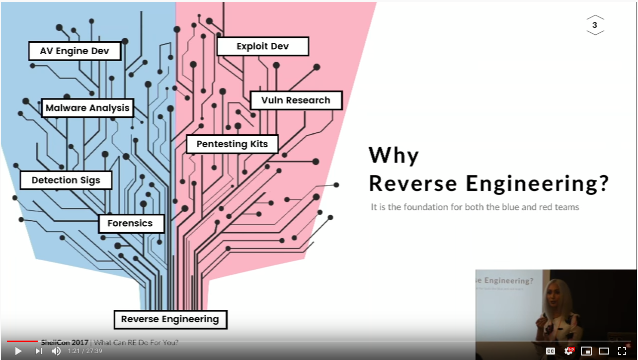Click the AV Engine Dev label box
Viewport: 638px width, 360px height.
tap(75, 51)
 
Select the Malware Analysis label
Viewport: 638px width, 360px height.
tap(87, 108)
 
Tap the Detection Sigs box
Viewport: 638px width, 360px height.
tap(66, 180)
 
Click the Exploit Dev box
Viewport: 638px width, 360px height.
tap(262, 47)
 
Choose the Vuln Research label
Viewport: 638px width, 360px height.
tap(296, 100)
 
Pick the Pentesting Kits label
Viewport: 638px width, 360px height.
tap(232, 144)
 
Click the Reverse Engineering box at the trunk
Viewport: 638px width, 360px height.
tap(170, 319)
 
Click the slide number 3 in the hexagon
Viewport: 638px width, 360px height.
tap(595, 25)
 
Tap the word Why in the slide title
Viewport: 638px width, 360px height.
tap(394, 156)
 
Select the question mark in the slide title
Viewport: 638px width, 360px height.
tap(603, 183)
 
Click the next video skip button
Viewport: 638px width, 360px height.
tap(38, 351)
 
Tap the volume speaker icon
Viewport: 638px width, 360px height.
tap(56, 351)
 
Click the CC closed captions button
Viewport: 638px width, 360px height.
tap(551, 351)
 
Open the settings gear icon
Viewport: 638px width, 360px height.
tap(568, 351)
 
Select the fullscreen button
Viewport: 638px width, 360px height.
tap(622, 351)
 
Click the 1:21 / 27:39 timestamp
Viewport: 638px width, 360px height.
tap(85, 351)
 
